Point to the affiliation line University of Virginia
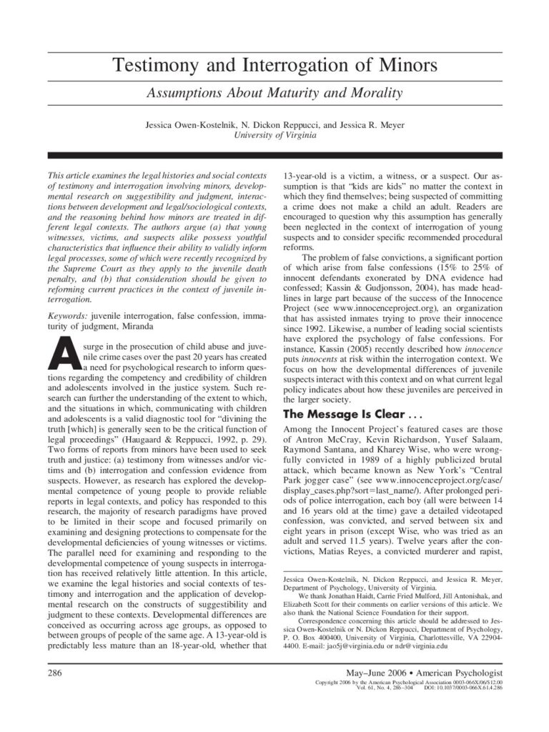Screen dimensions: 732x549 274,134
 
